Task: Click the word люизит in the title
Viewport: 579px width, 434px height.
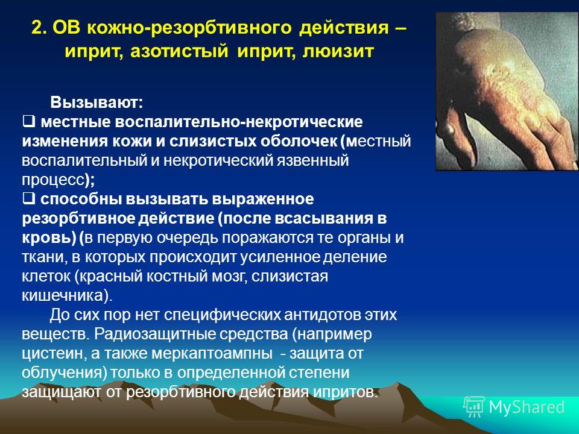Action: pos(338,51)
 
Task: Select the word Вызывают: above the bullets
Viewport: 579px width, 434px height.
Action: pos(96,102)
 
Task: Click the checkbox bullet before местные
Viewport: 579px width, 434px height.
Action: pos(28,121)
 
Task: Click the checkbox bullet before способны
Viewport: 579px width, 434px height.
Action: pos(28,198)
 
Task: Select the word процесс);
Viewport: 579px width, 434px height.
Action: pos(59,180)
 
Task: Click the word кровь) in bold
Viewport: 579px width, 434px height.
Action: pos(49,237)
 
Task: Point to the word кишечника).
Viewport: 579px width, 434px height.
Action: pos(67,295)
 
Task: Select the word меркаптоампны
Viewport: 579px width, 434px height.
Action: pos(212,354)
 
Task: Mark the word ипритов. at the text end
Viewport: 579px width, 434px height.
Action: pos(346,392)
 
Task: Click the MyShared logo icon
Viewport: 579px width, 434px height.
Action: pos(473,407)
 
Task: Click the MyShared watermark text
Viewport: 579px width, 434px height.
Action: pos(527,407)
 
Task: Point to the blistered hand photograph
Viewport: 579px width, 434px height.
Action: pos(507,91)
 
